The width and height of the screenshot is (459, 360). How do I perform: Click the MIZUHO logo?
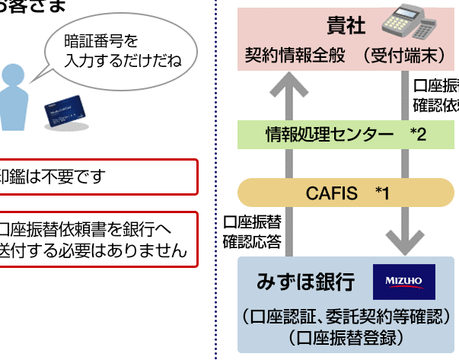[x=403, y=282]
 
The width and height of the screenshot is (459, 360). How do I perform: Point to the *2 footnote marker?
[x=418, y=135]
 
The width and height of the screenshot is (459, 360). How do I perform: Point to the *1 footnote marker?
[x=382, y=193]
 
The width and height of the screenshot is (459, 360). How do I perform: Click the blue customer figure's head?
[x=12, y=76]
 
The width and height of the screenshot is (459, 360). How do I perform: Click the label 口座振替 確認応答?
[x=252, y=232]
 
